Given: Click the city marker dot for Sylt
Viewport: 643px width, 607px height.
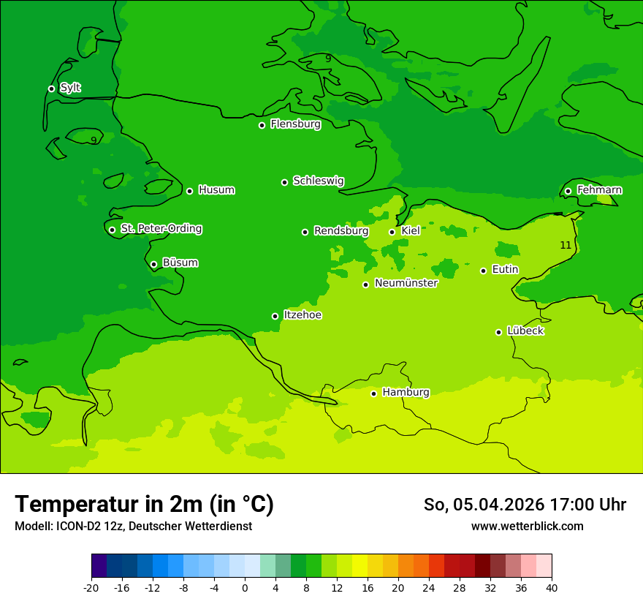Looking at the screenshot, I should [51, 88].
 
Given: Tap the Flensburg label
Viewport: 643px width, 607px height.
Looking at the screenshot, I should [295, 124].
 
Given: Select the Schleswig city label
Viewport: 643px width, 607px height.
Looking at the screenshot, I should [318, 181].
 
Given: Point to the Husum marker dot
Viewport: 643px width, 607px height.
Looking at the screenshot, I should [189, 191].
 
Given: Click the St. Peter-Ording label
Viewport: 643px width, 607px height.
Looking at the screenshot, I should [161, 229].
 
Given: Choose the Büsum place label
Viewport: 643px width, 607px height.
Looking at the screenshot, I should [180, 263].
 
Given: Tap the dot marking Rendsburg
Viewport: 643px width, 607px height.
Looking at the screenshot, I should [305, 232].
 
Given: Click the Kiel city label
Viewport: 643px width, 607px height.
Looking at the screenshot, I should [411, 231].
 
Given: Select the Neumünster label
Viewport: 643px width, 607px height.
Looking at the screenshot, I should [406, 283].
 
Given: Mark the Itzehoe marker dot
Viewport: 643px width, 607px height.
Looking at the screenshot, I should [275, 316].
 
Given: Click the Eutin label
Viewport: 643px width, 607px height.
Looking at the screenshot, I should [505, 270].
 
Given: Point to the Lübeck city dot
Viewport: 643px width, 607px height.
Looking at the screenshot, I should [498, 332].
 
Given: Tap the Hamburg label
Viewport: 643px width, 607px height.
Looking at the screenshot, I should [406, 393].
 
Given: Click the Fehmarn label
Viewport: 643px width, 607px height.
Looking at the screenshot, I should [599, 190].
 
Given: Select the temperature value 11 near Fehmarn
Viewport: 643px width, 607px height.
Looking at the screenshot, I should [566, 245].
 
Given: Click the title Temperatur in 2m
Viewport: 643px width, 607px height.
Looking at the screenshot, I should [144, 504].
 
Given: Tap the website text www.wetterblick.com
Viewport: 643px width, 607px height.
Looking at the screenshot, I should [527, 526].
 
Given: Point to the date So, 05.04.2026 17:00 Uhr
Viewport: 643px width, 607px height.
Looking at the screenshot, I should [525, 505].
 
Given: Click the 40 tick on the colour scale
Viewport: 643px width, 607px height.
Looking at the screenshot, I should [551, 588].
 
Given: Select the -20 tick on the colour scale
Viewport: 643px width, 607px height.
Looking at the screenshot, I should [91, 588].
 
